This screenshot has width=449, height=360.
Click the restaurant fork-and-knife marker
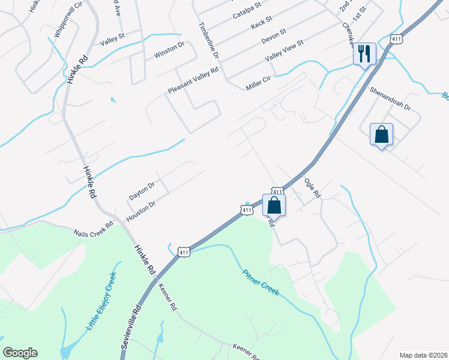tap(364, 53)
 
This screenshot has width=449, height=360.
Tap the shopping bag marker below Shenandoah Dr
tap(381, 134)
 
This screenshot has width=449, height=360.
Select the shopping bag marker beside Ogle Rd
tap(274, 205)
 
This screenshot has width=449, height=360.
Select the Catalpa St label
tap(247, 10)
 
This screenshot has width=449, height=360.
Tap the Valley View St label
tap(285, 50)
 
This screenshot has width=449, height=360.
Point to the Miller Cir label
tap(259, 83)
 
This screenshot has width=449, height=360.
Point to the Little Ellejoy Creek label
tap(101, 301)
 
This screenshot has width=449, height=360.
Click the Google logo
tap(20, 353)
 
